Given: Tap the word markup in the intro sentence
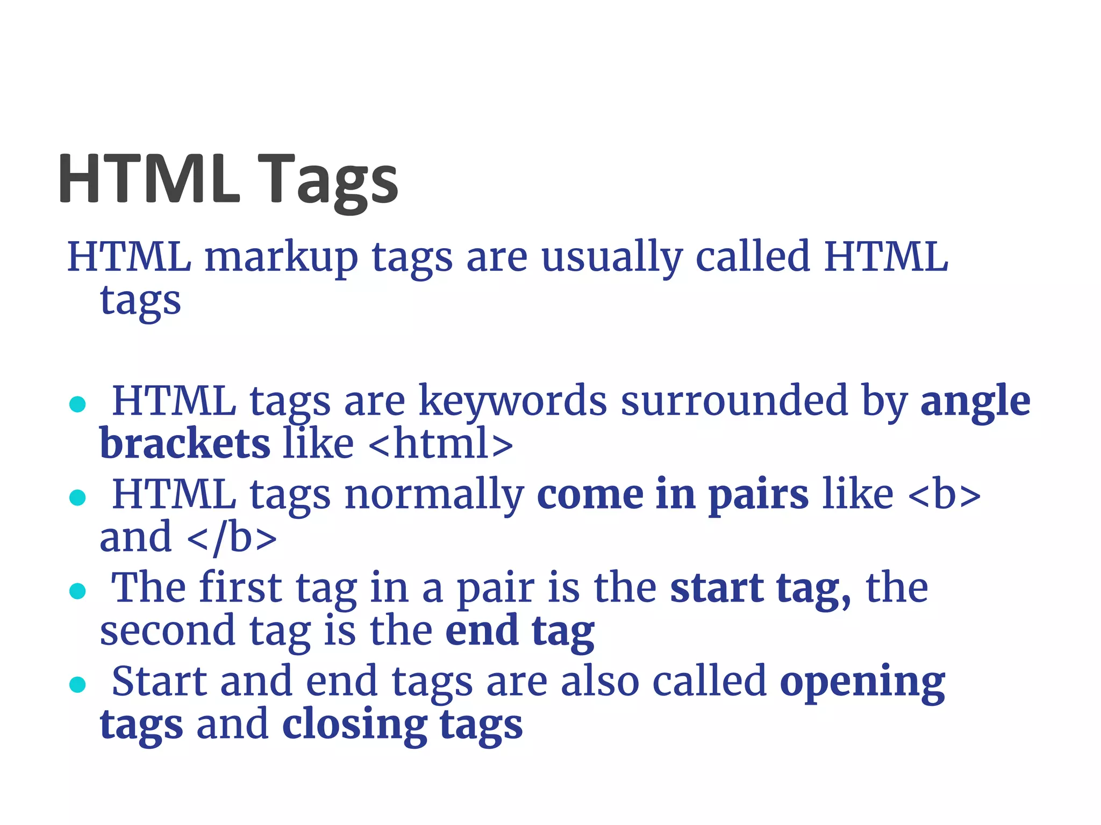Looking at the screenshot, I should point(281,258).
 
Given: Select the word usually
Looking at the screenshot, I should point(612,258).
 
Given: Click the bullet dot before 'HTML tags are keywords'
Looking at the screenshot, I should point(78,404).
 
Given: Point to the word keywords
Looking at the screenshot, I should point(512,402).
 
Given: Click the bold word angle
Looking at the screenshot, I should point(975,402).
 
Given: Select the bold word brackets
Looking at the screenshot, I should point(185,444).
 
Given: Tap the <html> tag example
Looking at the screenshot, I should point(441,444).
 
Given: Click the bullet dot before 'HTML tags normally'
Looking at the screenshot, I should point(78,498).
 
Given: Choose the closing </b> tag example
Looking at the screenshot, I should point(232,538).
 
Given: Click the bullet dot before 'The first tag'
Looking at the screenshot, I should point(78,591).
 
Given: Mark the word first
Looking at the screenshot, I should point(240,588).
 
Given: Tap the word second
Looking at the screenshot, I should point(167,631).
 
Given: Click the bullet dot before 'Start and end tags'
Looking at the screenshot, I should point(78,684).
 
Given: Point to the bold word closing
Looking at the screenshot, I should point(354,725).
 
